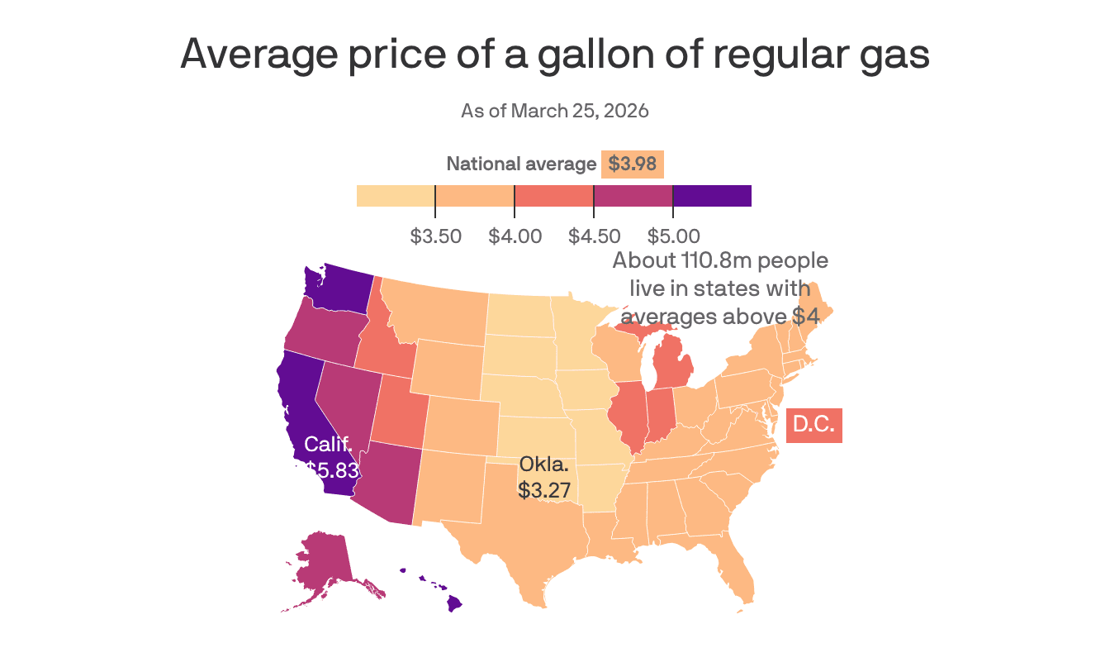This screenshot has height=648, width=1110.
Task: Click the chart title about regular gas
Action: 555,55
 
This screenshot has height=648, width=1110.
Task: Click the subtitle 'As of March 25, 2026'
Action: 555,111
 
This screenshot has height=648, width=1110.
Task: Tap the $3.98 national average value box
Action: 632,164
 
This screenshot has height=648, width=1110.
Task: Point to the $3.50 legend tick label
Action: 435,237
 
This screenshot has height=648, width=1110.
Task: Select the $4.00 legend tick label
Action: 515,237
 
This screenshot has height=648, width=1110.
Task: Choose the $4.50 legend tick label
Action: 594,237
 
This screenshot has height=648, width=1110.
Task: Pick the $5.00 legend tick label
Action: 673,237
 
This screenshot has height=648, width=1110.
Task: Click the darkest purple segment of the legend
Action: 712,196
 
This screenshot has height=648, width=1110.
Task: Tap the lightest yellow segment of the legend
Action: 396,196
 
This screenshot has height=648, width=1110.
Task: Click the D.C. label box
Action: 814,425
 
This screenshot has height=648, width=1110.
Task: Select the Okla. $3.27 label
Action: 544,476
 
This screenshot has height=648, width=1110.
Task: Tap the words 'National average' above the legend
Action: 520,164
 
